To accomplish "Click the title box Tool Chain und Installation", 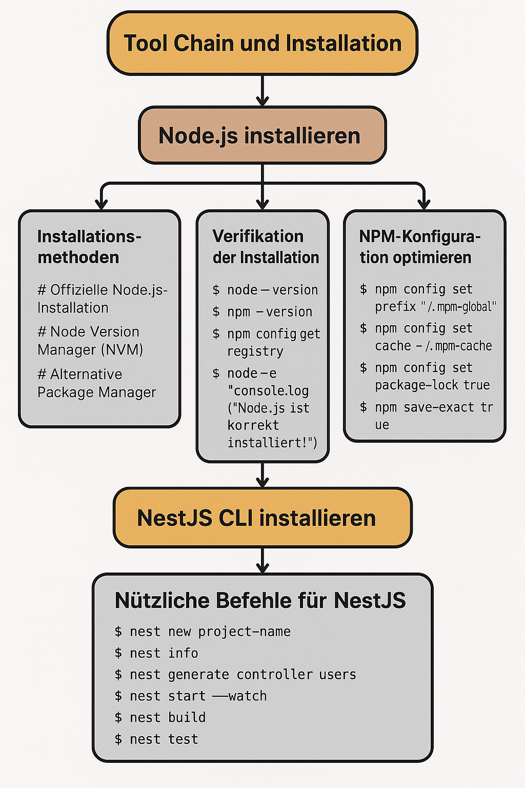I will [x=262, y=43].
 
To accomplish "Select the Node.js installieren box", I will [x=262, y=135].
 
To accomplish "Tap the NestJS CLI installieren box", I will [x=262, y=518].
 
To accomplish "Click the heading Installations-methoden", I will [x=89, y=247].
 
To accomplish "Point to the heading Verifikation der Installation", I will [x=265, y=247].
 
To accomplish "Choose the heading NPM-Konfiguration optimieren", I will [x=419, y=247].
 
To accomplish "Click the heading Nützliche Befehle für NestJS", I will [x=260, y=601].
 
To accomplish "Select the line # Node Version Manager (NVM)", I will [x=90, y=341].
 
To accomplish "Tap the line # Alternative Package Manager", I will [x=96, y=383].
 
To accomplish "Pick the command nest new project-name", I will [x=210, y=632].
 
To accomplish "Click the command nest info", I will [x=164, y=653].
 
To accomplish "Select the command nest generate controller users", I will [x=243, y=675].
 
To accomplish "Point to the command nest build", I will [x=167, y=717].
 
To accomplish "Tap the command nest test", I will [x=164, y=739].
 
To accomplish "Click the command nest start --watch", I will [x=198, y=696].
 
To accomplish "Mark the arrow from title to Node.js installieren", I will [x=262, y=91].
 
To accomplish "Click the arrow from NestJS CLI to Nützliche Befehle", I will [x=262, y=560].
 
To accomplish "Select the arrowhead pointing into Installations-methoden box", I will [x=102, y=203].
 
